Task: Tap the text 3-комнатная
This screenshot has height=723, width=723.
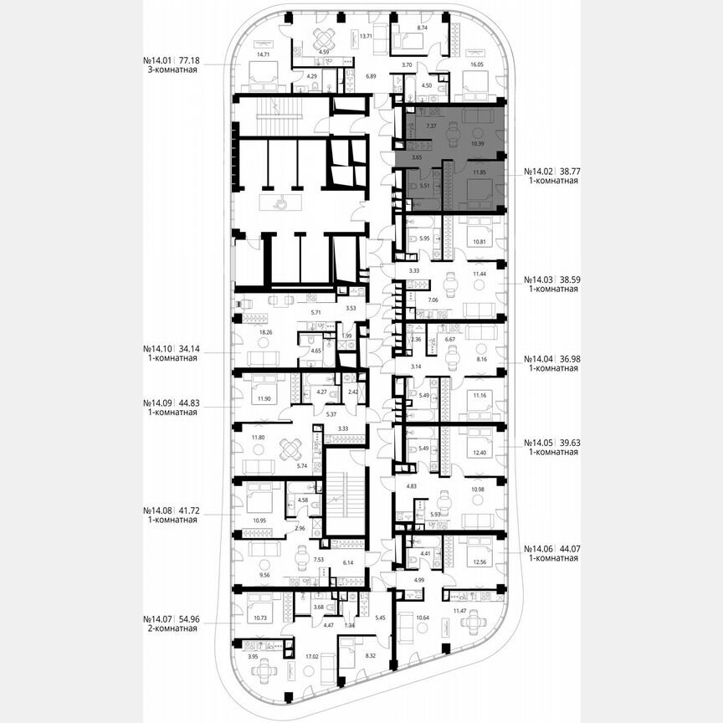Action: (x=170, y=71)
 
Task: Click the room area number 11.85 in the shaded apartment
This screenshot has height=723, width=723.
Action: (x=479, y=172)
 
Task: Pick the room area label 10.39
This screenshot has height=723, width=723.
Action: (x=478, y=143)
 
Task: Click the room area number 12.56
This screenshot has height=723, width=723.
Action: (x=479, y=562)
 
